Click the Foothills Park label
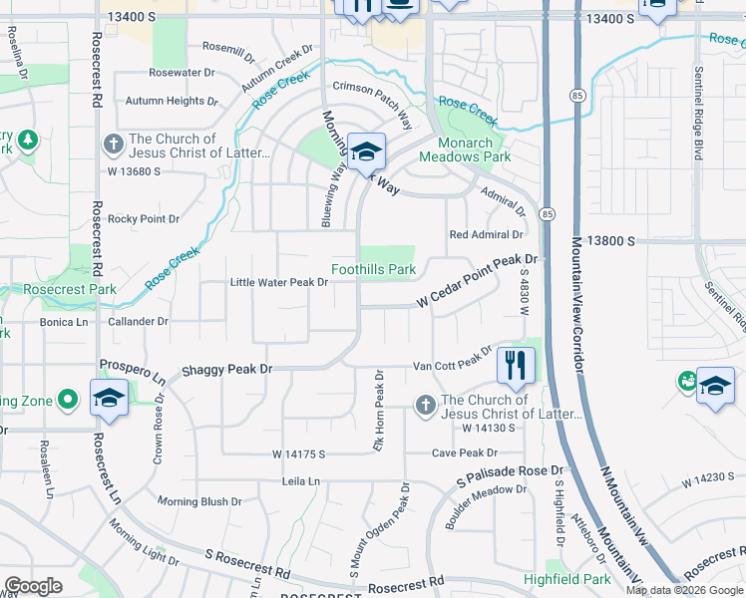click(x=373, y=270)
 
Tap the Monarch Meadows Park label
click(x=464, y=149)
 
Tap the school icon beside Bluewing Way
click(x=366, y=152)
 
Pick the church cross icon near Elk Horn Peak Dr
click(x=425, y=407)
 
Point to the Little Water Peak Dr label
click(x=279, y=283)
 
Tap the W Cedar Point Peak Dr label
click(x=477, y=281)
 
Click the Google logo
click(x=33, y=586)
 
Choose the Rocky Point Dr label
click(x=144, y=218)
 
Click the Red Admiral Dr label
click(x=486, y=234)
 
